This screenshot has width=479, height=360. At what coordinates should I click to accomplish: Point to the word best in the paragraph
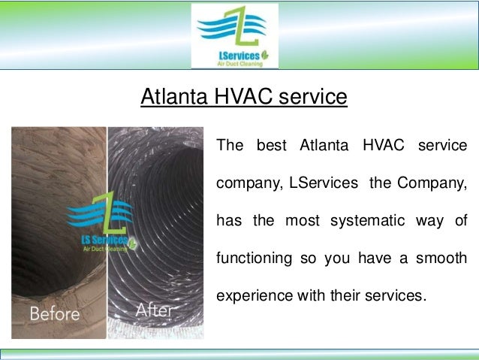(272, 144)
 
